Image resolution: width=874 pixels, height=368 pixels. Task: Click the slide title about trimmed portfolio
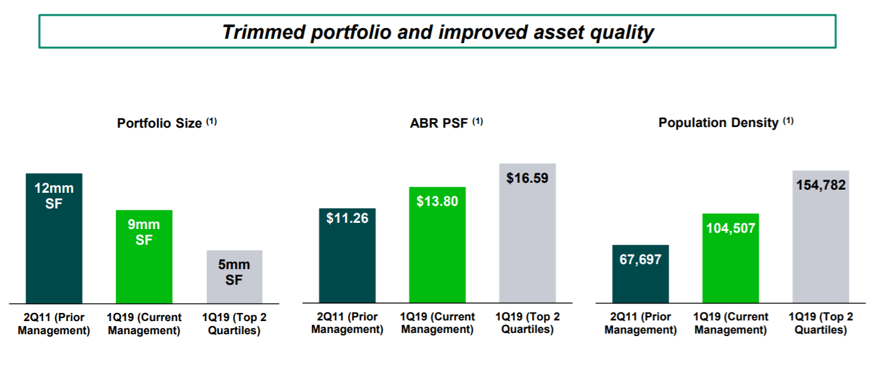pos(438,32)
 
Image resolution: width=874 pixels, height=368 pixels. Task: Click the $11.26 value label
pos(347,218)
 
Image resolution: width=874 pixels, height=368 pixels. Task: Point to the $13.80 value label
pos(437,201)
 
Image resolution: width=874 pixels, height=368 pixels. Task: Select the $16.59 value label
pos(527,178)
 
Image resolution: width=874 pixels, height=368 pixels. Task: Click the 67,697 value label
pos(640,259)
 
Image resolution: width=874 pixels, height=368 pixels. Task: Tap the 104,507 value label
pos(731,228)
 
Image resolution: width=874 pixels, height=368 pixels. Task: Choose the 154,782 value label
pos(821,185)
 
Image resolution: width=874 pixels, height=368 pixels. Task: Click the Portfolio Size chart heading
pos(160,123)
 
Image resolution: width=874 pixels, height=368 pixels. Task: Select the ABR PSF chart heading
pos(439,123)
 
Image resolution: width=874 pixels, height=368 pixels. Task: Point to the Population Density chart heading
pos(719,123)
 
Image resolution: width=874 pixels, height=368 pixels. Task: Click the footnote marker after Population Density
pos(788,121)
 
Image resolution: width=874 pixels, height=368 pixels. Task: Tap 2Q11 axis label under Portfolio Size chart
pos(54,324)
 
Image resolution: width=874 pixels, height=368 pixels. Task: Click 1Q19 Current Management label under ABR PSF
pos(438,324)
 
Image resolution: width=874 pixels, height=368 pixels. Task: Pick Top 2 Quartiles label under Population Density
pos(821,324)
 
